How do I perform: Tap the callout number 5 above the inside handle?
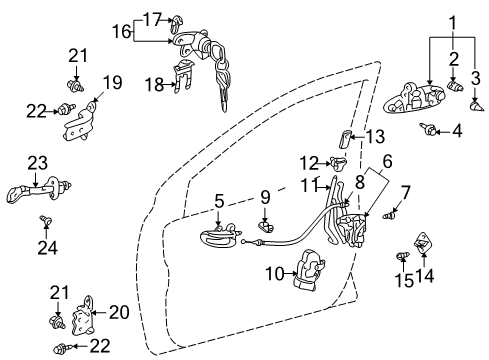pos(219,201)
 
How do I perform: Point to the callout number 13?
pos(376,137)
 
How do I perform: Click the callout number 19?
pos(112,83)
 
